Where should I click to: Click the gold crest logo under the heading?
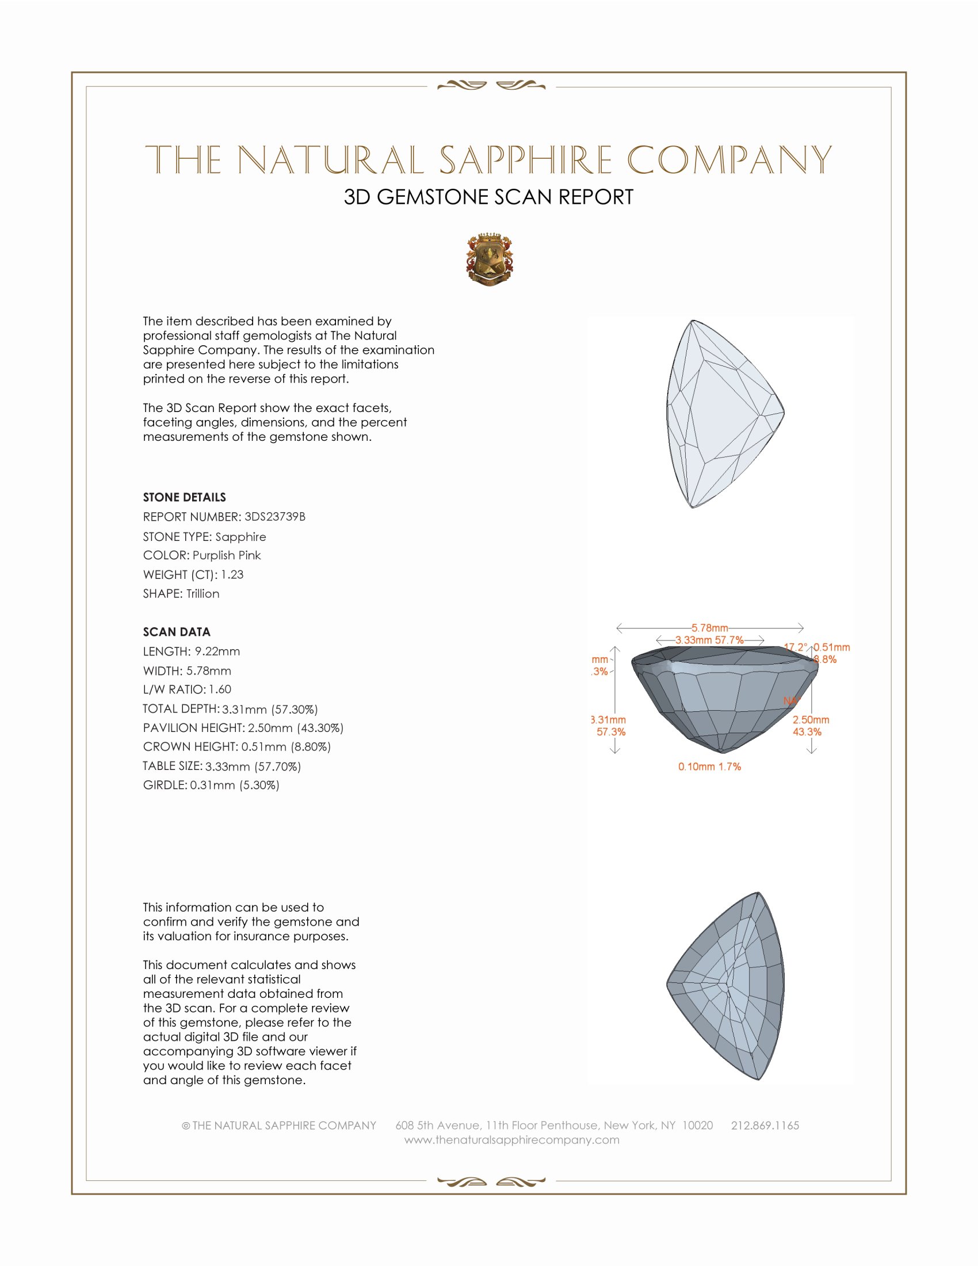coord(489,260)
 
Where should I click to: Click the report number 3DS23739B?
coord(274,517)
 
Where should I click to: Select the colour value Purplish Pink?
coord(227,555)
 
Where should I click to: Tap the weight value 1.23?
coord(232,574)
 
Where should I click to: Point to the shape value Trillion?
coord(203,594)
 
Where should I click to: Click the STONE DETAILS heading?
coord(184,497)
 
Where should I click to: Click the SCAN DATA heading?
coord(177,632)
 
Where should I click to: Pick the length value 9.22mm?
coord(217,651)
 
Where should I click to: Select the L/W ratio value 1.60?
coord(220,689)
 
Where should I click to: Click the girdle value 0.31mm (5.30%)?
coord(235,785)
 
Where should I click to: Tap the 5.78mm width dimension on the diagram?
coord(710,628)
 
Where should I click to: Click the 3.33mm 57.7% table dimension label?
coord(710,640)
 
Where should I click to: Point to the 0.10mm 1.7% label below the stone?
coord(710,767)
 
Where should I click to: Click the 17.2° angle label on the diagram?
coord(796,647)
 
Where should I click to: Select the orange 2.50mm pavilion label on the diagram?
coord(811,720)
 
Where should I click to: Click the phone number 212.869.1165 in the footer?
coord(765,1126)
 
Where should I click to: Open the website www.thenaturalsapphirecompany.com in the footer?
coord(511,1140)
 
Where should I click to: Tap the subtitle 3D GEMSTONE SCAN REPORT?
coord(488,197)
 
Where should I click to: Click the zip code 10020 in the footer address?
coord(698,1126)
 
